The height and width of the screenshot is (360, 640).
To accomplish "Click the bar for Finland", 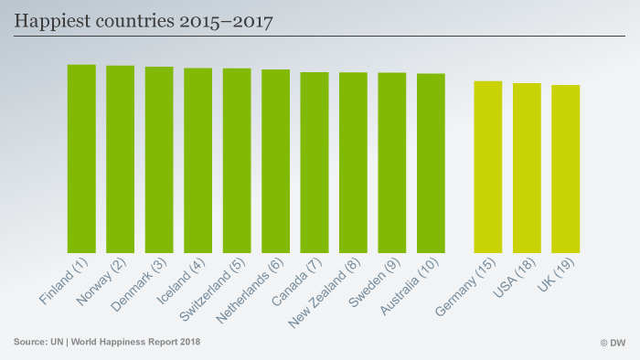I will click(x=81, y=159).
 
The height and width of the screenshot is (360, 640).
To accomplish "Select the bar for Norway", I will click(x=120, y=159).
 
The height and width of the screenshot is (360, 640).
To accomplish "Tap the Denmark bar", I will click(x=159, y=160).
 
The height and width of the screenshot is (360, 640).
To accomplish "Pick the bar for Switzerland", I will click(x=237, y=161).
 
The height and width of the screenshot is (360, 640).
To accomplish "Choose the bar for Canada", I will click(x=315, y=163).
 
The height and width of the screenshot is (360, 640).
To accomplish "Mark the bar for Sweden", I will click(x=392, y=163).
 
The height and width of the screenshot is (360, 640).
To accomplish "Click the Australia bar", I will click(x=431, y=164).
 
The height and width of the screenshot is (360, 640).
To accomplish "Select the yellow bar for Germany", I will click(x=488, y=167).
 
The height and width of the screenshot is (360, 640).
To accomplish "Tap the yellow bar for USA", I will click(x=527, y=168).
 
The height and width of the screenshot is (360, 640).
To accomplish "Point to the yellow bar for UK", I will click(x=566, y=169).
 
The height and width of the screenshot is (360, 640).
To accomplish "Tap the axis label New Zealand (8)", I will click(x=325, y=292).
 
